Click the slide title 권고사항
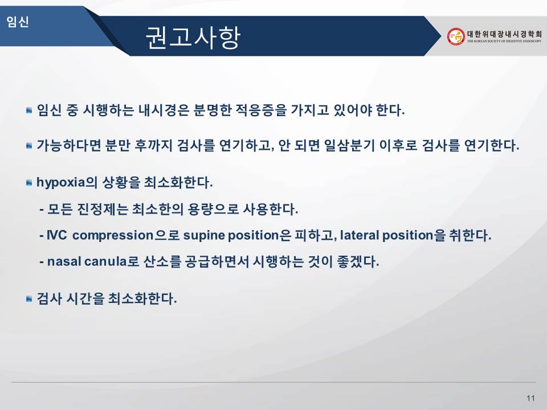coord(193,38)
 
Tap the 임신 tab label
coord(18,22)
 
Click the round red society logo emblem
coord(456,36)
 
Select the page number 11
coord(530,398)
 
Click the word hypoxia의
coord(67,182)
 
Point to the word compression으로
coord(126,235)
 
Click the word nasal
coord(64,261)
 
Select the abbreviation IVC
coord(56,235)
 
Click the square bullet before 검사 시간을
coord(29,299)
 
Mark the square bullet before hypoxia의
coord(29,183)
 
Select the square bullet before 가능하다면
coord(29,145)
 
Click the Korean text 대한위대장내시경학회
coord(504,34)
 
